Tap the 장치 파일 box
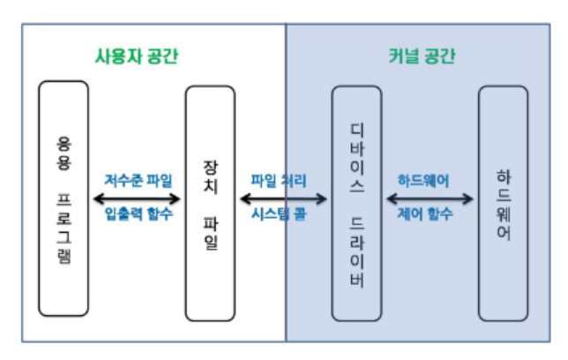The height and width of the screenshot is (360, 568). pyautogui.click(x=210, y=203)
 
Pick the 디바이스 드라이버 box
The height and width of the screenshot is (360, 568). pyautogui.click(x=356, y=203)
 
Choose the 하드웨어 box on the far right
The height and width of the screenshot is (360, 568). pyautogui.click(x=503, y=203)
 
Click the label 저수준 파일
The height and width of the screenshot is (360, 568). pyautogui.click(x=138, y=180)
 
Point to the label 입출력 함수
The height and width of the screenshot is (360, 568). pyautogui.click(x=138, y=213)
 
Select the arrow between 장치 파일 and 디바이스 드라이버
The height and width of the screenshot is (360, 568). pyautogui.click(x=283, y=197)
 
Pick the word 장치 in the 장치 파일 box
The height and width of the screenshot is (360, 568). pyautogui.click(x=210, y=175)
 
